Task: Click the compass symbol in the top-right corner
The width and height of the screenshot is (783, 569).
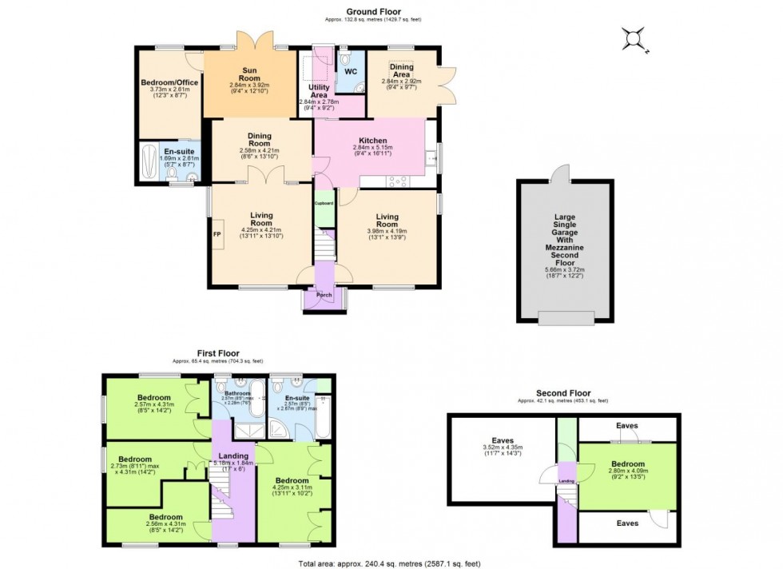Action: (634, 38)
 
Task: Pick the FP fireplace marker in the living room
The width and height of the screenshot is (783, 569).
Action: (216, 235)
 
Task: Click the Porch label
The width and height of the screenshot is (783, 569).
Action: (324, 295)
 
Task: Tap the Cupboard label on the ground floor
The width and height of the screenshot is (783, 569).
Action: (323, 203)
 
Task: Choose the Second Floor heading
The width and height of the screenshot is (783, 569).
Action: (562, 392)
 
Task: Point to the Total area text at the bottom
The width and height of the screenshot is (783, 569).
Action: (391, 563)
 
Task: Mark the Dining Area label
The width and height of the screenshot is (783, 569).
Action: (400, 70)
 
